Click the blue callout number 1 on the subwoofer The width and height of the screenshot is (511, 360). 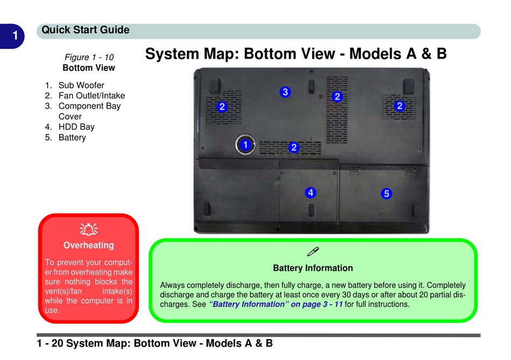245,145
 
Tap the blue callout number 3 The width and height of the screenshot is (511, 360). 285,92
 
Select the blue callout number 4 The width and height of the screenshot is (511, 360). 310,192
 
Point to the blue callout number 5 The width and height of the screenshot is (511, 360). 386,193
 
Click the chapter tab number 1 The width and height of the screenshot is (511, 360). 16,36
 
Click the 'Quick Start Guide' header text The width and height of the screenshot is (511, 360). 86,30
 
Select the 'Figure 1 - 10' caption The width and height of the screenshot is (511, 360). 89,57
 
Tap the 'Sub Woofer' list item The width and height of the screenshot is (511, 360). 81,85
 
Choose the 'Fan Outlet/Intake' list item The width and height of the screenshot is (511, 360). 91,96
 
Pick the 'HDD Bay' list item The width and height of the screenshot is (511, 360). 76,127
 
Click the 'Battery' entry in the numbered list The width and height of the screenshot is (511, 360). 72,137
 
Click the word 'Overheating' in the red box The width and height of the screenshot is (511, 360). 89,245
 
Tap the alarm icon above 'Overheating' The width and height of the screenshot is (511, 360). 89,230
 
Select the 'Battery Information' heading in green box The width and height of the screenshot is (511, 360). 313,268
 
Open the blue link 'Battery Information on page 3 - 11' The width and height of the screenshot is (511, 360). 275,305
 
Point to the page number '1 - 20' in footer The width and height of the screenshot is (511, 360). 50,343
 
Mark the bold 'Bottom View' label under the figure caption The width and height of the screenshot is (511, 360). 89,68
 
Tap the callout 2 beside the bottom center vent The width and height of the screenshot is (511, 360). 294,147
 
